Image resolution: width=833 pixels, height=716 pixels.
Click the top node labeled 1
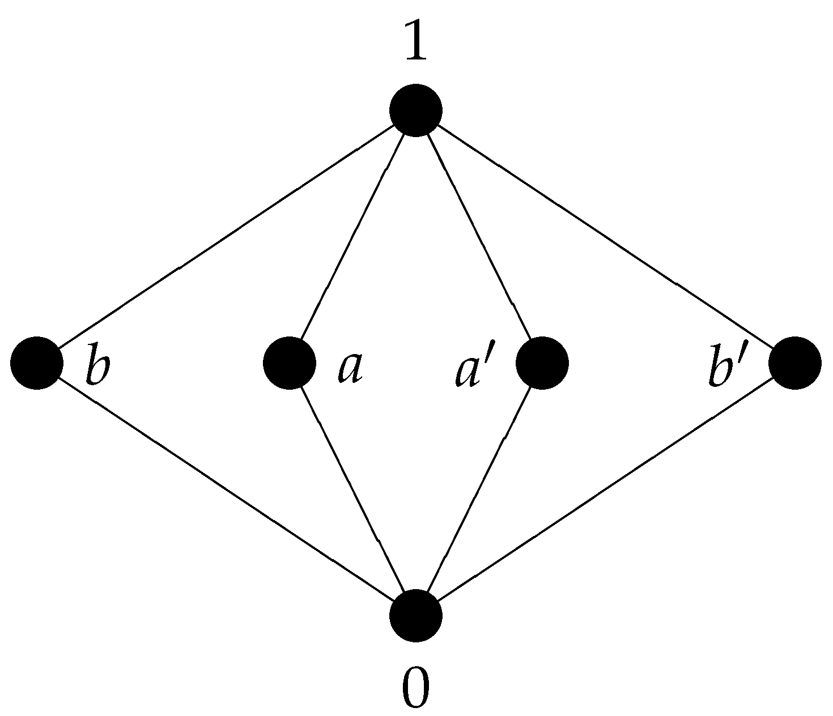click(x=416, y=110)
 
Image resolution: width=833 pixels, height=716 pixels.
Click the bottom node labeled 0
click(x=416, y=616)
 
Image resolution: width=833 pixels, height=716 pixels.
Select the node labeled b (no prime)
click(x=37, y=363)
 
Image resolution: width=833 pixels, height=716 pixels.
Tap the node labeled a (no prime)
click(x=290, y=363)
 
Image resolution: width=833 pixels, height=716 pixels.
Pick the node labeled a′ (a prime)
click(x=542, y=363)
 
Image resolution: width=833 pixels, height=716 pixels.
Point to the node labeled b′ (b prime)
click(x=795, y=363)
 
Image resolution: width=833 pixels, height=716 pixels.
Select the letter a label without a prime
click(x=350, y=368)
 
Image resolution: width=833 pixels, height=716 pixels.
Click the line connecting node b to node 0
click(x=227, y=489)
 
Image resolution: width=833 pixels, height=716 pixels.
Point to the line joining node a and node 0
click(x=352, y=489)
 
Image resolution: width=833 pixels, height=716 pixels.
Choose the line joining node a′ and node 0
click(x=479, y=489)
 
